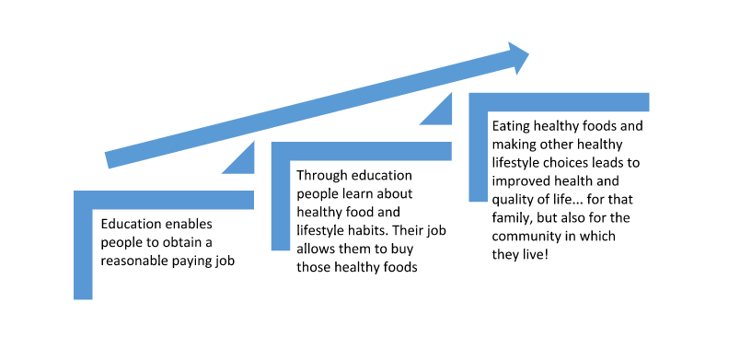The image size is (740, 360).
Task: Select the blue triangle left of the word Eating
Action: [x=440, y=111]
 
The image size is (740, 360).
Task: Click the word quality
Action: [x=514, y=199]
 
